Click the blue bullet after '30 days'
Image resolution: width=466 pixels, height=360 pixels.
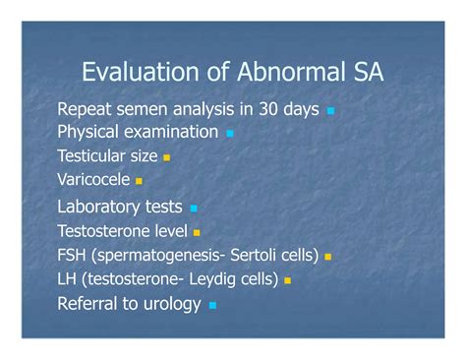(x=330, y=111)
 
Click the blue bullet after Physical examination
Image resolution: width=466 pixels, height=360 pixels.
(x=230, y=133)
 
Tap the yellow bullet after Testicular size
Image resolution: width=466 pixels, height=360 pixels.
(x=167, y=157)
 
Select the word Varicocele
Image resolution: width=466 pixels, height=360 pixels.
(x=93, y=179)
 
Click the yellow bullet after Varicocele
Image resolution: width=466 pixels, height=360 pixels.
(x=140, y=181)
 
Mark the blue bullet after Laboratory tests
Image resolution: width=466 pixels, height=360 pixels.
(x=194, y=209)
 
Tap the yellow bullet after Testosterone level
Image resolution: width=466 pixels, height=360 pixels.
(x=197, y=233)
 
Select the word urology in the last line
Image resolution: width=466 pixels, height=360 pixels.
(x=168, y=304)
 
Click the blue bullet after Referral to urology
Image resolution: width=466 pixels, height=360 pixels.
(x=212, y=306)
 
